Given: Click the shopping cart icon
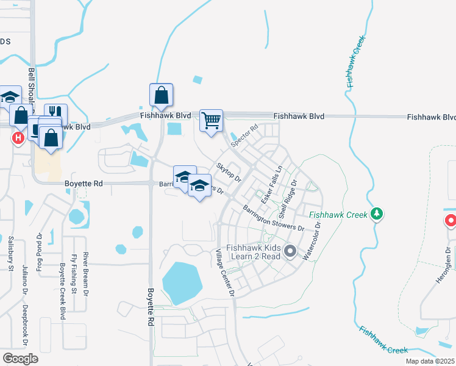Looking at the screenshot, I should [211, 121].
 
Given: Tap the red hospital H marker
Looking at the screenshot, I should [18, 138].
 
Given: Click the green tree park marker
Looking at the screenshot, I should [377, 213].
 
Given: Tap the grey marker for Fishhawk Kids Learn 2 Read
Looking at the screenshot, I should [290, 251].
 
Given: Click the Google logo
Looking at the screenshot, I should [20, 358].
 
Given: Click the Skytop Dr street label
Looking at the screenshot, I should [229, 171].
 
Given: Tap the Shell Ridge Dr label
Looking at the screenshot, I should [287, 199].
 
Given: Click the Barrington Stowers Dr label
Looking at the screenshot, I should [273, 218].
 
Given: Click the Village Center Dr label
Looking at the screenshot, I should [224, 273].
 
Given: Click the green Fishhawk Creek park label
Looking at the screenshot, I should [338, 215].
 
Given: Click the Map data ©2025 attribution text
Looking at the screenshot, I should [430, 361].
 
